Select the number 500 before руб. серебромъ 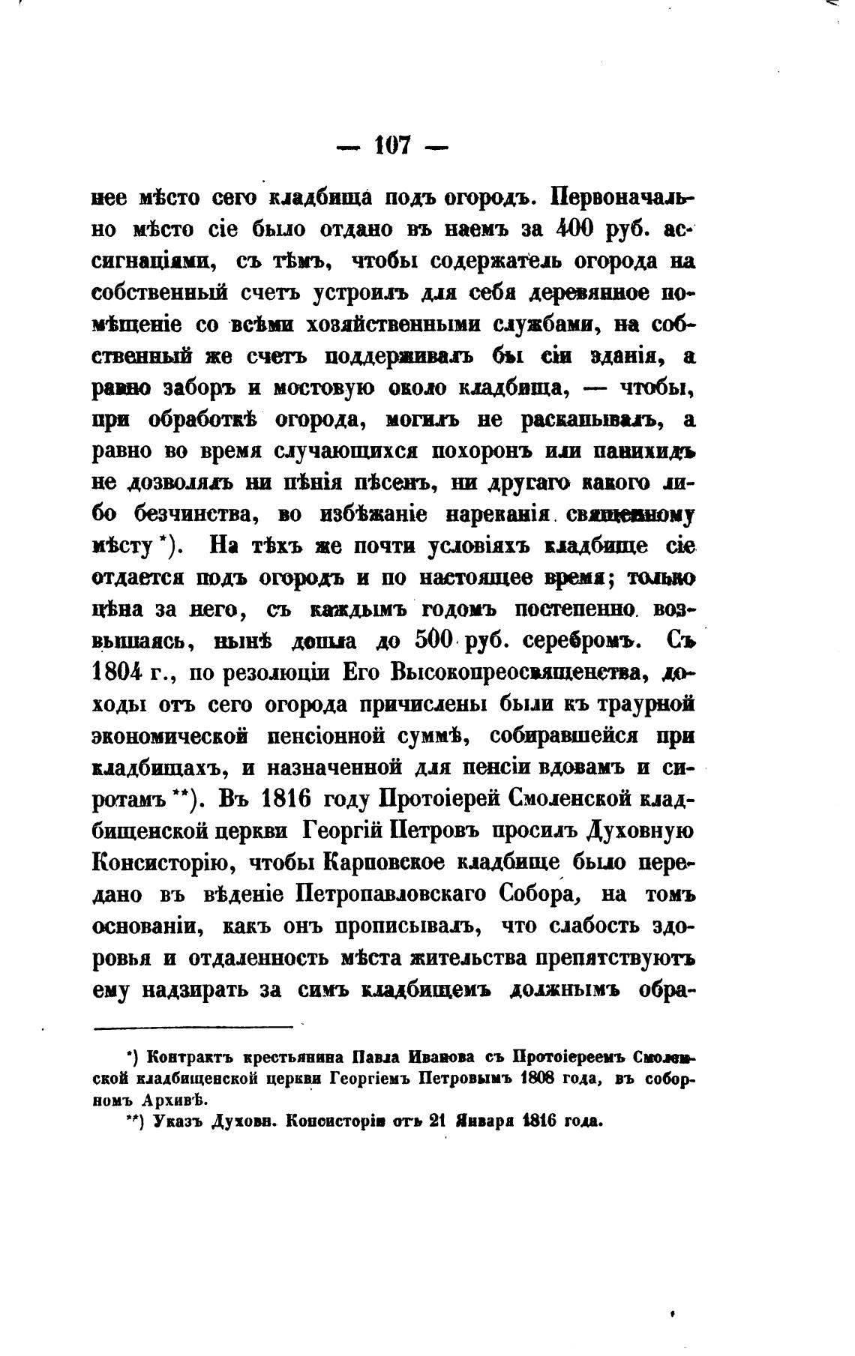(x=435, y=641)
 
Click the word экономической (x=175, y=736)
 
